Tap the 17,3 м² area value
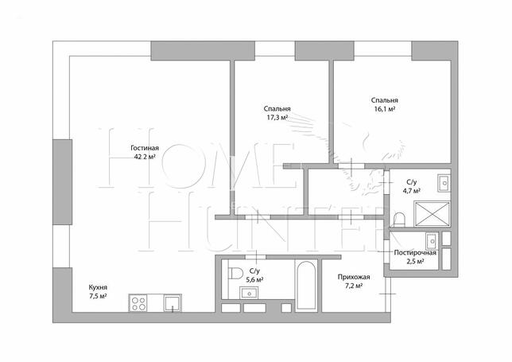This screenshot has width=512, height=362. [277, 117]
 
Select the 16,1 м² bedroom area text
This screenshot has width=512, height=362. [385, 109]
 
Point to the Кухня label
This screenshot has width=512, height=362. [98, 287]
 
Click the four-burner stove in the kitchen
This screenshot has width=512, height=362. [138, 303]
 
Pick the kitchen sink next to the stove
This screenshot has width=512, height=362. [172, 303]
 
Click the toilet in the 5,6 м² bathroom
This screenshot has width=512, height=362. [235, 273]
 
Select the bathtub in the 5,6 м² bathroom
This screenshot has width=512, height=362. [306, 286]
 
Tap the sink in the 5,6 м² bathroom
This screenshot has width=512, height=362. [249, 293]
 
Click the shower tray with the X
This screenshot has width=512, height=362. [432, 214]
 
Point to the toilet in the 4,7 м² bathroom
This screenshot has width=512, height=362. [399, 220]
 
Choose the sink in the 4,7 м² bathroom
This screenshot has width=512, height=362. [444, 183]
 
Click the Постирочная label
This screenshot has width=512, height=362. [415, 252]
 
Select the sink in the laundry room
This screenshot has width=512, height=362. [432, 241]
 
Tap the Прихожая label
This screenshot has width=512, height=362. [354, 277]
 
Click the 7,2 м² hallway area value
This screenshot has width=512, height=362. [354, 286]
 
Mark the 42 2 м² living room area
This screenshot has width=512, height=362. [145, 157]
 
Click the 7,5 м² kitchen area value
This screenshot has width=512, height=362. [98, 296]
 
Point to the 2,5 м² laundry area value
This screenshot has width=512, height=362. [415, 261]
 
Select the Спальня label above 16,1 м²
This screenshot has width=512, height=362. [385, 100]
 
